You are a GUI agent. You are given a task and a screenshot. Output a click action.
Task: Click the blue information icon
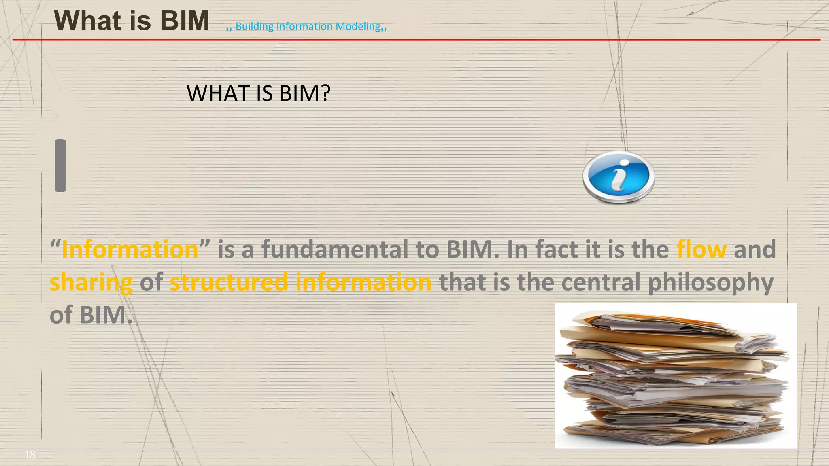click(x=618, y=177)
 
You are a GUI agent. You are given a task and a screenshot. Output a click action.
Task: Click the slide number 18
click(x=30, y=455)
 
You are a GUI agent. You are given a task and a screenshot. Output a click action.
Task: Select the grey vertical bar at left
click(x=60, y=165)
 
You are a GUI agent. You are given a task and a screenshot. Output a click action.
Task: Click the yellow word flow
click(x=701, y=249)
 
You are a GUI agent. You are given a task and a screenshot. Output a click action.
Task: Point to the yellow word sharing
click(x=91, y=282)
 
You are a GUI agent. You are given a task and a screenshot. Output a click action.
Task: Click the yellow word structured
click(x=229, y=282)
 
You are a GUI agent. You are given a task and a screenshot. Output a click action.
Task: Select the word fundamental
click(x=335, y=249)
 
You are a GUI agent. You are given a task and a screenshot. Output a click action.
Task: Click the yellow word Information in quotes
click(x=130, y=249)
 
